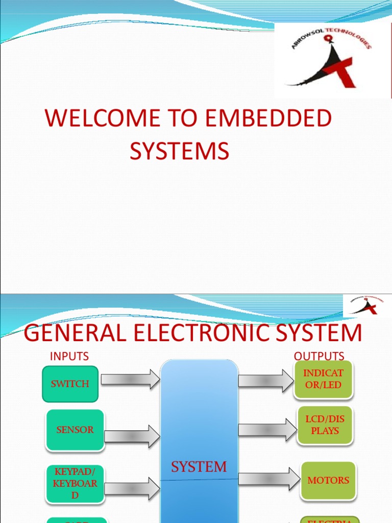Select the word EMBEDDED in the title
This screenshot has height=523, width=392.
[268, 118]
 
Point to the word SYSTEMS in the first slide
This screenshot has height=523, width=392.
[179, 151]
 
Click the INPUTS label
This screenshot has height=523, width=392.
[69, 356]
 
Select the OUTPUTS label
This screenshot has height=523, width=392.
[319, 356]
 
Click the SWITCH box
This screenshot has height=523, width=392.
[70, 384]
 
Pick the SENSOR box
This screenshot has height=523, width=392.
[75, 430]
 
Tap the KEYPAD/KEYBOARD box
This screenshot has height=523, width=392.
[75, 483]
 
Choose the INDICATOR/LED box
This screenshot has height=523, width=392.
[323, 379]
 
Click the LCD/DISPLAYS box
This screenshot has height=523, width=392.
[325, 424]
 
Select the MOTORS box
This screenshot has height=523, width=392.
[328, 480]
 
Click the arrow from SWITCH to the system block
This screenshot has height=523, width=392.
[130, 379]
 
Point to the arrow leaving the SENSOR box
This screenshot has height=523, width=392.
[132, 436]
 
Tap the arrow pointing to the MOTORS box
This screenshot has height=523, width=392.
[269, 479]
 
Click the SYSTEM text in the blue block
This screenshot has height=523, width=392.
[199, 466]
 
